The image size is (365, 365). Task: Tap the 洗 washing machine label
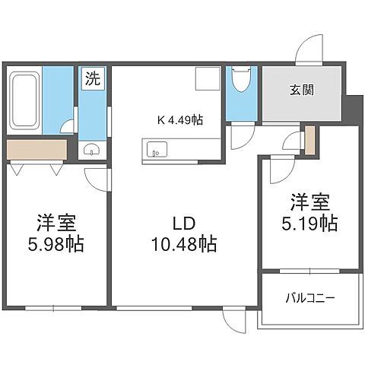tap(92, 78)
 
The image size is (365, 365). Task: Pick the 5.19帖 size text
tap(307, 224)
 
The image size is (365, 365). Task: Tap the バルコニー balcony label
tap(309, 297)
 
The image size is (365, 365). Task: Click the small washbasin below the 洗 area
tap(93, 148)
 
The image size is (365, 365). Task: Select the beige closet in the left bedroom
tap(35, 149)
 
